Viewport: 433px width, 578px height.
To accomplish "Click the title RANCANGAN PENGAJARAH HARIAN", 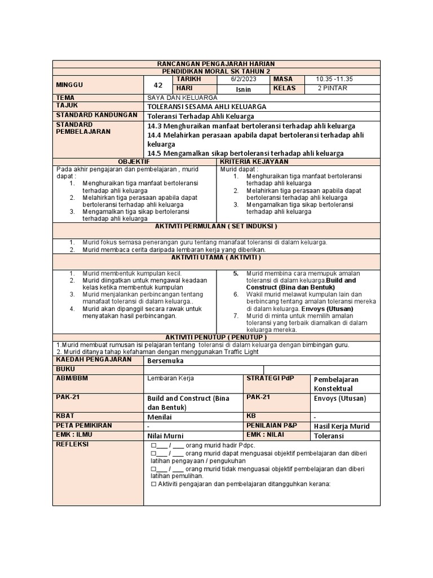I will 216,64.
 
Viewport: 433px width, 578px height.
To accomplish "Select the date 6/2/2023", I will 243,80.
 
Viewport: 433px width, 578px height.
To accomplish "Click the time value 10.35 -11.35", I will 334,80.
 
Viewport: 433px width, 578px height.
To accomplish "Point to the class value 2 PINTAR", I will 333,89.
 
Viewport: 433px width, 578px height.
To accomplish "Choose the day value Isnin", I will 244,89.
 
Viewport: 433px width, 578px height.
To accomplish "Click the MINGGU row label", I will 69,85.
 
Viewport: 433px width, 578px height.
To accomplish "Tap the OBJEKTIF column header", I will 134,162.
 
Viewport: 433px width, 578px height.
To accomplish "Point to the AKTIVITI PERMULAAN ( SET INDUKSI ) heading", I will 216,226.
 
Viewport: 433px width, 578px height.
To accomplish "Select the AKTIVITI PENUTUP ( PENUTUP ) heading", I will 216,337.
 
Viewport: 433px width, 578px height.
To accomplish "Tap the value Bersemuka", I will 166,360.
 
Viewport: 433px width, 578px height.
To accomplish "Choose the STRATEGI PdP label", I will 270,378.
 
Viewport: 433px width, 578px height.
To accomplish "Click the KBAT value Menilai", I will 160,417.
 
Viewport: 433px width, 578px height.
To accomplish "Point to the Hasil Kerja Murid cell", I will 342,426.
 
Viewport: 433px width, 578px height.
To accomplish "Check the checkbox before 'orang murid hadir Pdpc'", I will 153,445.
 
